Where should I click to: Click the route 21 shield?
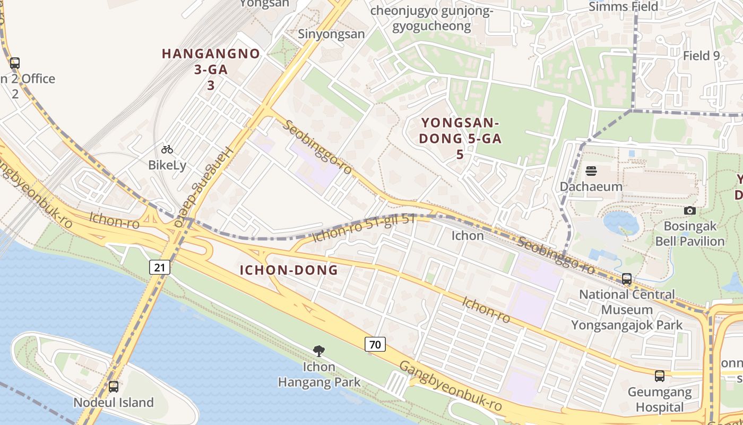coord(160,267)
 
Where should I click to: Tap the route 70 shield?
coord(375,344)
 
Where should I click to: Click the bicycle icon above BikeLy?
coord(167,149)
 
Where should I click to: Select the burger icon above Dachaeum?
coord(591,171)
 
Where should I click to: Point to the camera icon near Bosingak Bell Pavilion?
coord(689,210)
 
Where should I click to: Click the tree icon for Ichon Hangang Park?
coord(318,351)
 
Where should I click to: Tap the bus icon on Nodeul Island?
coord(113,386)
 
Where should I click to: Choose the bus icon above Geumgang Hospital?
coord(659,376)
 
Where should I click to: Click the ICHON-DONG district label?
coord(289,270)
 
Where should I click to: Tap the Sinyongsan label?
coord(331,34)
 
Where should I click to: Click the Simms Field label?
coord(623,7)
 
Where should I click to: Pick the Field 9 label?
coord(701,55)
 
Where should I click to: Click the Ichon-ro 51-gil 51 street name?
coord(364,228)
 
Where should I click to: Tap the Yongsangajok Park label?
coord(627,325)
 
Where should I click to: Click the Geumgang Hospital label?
coord(660,400)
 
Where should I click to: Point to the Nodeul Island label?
coord(114,402)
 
